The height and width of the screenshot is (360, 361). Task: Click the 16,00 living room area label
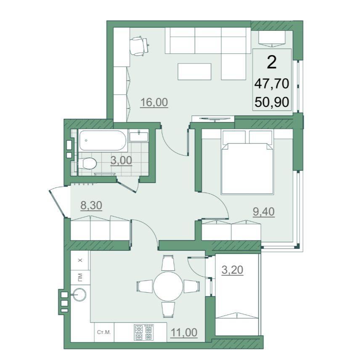coord(154,102)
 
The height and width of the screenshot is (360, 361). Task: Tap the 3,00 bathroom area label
coord(121,160)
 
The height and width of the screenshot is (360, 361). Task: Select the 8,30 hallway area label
coord(91,205)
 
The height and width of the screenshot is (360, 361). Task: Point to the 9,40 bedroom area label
coord(264,212)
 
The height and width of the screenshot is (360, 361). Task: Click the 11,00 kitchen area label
coord(184,332)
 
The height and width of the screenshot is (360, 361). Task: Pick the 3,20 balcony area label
coord(232,270)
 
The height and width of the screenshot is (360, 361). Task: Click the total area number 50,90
coord(272,102)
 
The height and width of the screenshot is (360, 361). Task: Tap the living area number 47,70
coord(272,84)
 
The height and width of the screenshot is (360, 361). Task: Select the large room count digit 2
coord(272,63)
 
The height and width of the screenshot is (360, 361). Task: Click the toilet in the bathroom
coord(87,164)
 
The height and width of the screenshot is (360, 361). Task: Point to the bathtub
coord(103,140)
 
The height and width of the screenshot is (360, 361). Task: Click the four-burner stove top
coord(143,332)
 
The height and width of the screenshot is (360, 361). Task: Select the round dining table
coord(168,286)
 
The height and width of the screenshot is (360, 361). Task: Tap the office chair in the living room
coord(139,46)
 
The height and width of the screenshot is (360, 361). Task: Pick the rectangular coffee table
coord(194,72)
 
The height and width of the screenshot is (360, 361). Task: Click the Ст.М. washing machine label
coord(104,332)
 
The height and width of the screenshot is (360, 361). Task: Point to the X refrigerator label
coord(80,260)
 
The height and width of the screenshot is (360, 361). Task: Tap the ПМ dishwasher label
coord(80,277)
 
